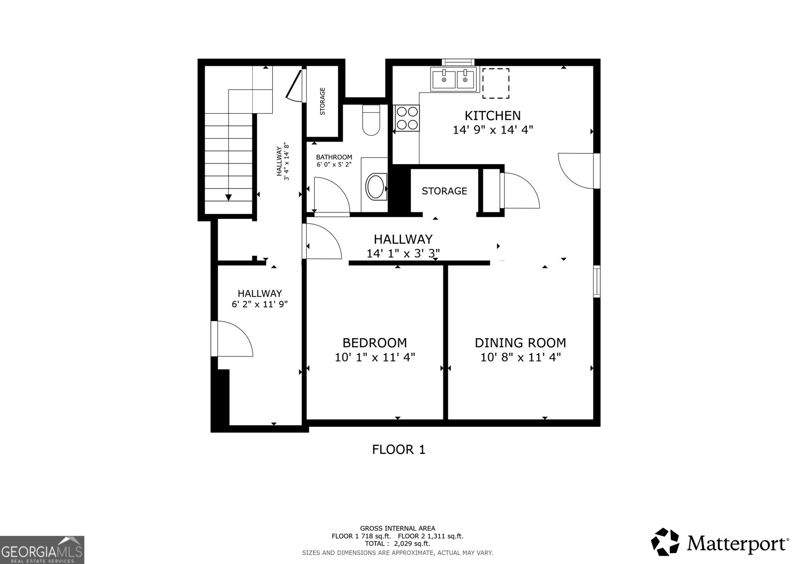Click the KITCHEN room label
click(x=492, y=116)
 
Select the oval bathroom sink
click(x=376, y=186)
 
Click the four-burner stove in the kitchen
click(x=406, y=118)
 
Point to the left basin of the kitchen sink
click(x=443, y=79)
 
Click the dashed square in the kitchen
click(x=495, y=83)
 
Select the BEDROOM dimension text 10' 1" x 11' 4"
click(x=375, y=357)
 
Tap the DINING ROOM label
click(x=520, y=343)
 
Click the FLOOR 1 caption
click(x=399, y=450)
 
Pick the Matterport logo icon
click(x=665, y=542)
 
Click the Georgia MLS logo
click(x=42, y=550)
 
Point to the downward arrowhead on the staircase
click(x=228, y=197)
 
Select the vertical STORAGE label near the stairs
click(x=323, y=101)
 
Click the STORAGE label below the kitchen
click(x=444, y=191)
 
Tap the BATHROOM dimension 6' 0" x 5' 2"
click(x=334, y=164)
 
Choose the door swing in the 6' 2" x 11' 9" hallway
click(x=233, y=339)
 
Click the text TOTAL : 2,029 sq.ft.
click(x=398, y=544)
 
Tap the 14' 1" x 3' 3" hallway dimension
click(x=403, y=253)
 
